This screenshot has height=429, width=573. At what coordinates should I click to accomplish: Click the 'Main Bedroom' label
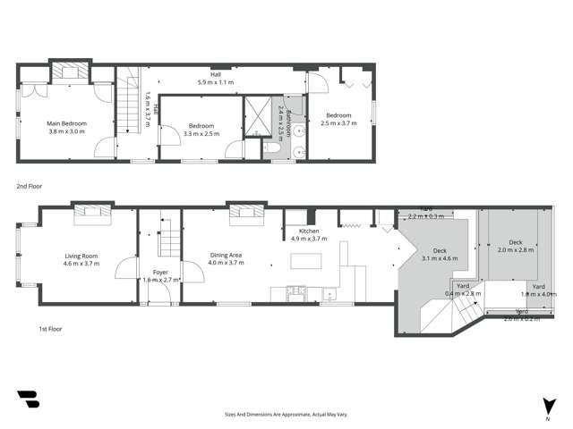66,123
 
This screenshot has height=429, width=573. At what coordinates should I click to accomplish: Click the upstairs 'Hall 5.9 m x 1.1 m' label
215,78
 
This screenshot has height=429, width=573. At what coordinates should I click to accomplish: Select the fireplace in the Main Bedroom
67,71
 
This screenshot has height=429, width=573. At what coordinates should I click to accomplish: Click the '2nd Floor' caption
29,187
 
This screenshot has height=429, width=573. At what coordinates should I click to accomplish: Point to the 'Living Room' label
81,256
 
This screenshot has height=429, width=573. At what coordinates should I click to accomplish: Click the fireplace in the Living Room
92,212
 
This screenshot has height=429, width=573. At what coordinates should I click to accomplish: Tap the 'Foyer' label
160,273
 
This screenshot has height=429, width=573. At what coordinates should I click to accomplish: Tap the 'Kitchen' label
306,232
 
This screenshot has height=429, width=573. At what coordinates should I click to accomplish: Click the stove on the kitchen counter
295,290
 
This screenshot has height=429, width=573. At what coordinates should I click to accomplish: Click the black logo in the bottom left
29,400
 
